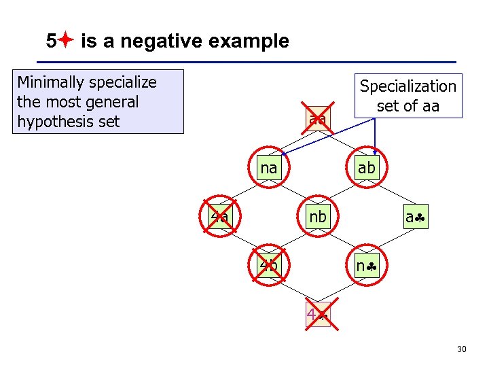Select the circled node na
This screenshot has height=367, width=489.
[x=269, y=168]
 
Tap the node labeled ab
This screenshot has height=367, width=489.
[x=366, y=168]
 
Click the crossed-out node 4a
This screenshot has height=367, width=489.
[x=220, y=217]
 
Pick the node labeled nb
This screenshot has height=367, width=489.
[x=318, y=217]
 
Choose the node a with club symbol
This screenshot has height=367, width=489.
[x=415, y=217]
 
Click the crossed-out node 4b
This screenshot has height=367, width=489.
[x=269, y=266]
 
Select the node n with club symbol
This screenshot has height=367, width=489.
[x=366, y=266]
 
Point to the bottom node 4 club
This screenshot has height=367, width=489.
[x=317, y=315]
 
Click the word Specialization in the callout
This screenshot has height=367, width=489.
[x=407, y=86]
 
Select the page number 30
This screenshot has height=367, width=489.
[x=462, y=349]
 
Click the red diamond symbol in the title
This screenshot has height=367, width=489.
[x=66, y=41]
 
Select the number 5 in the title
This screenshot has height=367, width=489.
[x=52, y=41]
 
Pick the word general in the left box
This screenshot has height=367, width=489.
[x=111, y=102]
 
